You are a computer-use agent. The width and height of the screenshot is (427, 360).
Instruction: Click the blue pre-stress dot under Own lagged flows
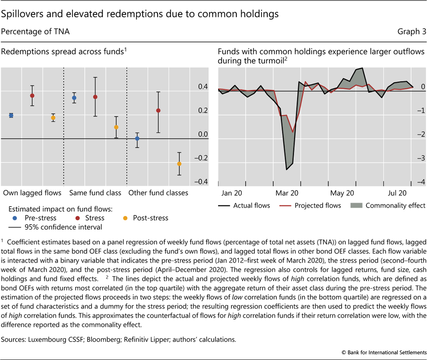pyautogui.click(x=11, y=115)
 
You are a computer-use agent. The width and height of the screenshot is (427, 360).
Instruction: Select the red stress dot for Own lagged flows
pyautogui.click(x=32, y=96)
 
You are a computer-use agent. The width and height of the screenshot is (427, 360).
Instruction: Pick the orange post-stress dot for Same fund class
pyautogui.click(x=116, y=127)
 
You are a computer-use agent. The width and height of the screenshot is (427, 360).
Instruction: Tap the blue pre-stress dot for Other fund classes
pyautogui.click(x=137, y=138)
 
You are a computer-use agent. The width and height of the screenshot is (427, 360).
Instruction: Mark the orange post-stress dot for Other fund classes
pyautogui.click(x=179, y=164)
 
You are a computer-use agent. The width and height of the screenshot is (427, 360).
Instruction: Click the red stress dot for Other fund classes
pyautogui.click(x=158, y=111)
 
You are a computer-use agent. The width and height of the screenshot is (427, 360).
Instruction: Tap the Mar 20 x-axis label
pyautogui.click(x=287, y=193)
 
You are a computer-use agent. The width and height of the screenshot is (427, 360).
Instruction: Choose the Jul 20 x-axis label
pyautogui.click(x=397, y=193)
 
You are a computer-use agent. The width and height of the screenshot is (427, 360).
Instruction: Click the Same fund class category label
pyautogui.click(x=95, y=193)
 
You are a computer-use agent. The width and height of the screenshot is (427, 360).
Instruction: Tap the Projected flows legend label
pyautogui.click(x=318, y=205)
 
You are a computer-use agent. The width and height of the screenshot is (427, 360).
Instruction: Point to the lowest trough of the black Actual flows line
pyautogui.click(x=287, y=169)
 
